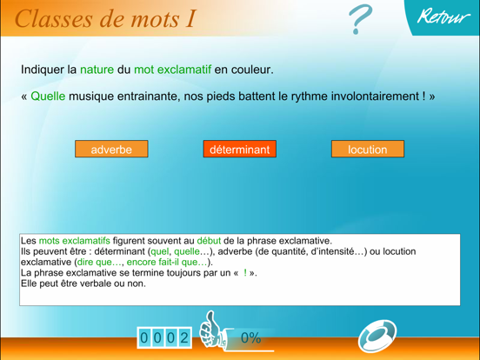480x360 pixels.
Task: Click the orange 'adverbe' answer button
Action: [x=111, y=150]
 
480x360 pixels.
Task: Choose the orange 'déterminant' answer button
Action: [x=239, y=150]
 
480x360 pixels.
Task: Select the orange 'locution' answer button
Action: [x=367, y=150]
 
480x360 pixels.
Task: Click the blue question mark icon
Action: [x=360, y=19]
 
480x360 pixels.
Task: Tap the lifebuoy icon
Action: [x=377, y=336]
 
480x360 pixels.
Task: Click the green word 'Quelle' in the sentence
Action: [x=48, y=96]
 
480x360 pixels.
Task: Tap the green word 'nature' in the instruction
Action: [x=97, y=69]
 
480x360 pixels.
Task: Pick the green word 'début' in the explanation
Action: [x=209, y=241]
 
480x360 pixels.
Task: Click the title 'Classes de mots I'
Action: [x=104, y=17]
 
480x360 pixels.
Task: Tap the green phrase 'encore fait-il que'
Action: [x=167, y=262]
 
